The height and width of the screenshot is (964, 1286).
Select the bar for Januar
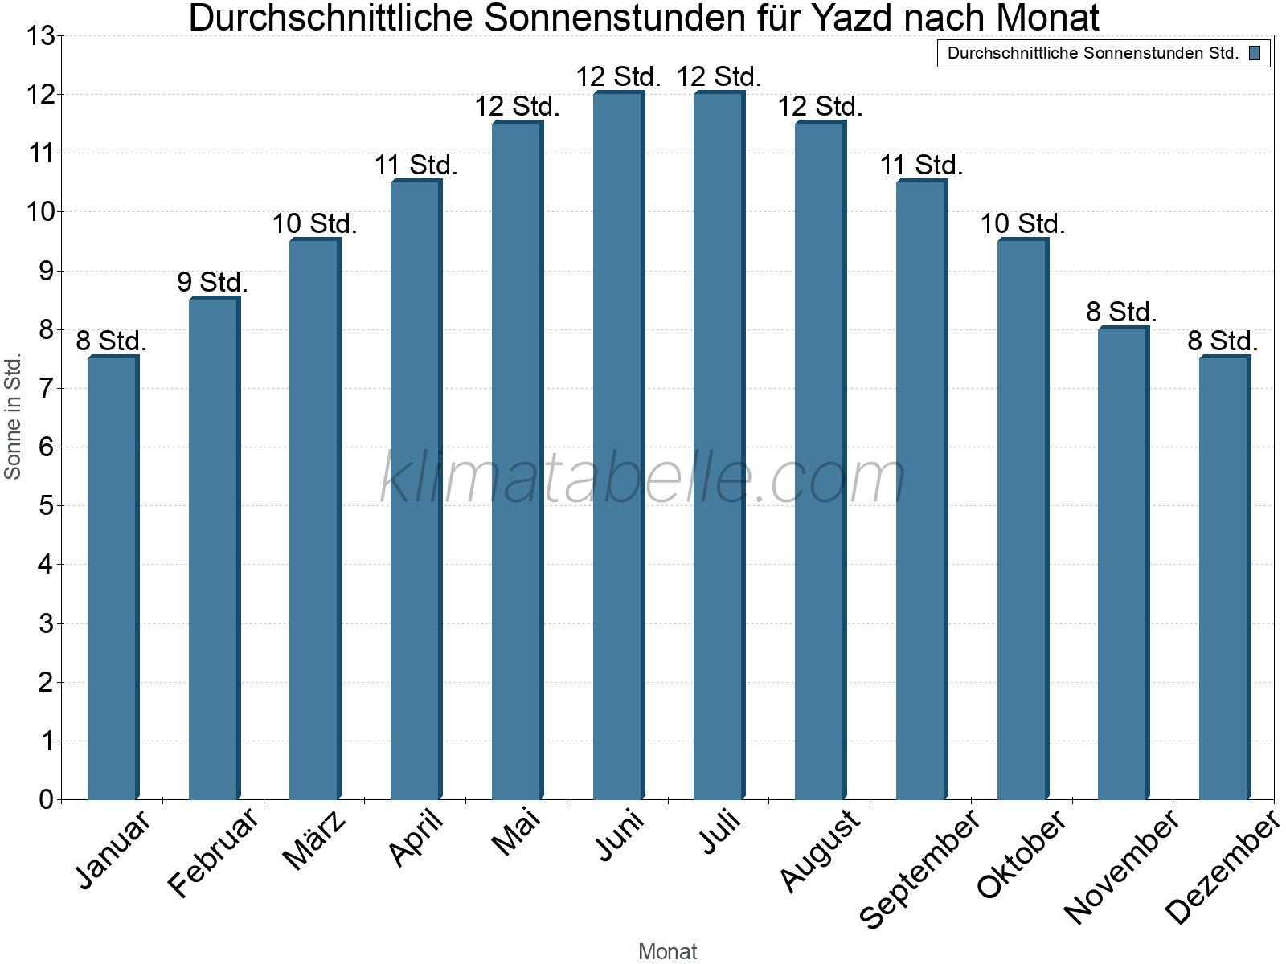click(113, 578)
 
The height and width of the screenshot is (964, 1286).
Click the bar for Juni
click(618, 446)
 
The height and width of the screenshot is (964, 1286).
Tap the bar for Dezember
click(1224, 578)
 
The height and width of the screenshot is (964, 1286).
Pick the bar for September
click(921, 490)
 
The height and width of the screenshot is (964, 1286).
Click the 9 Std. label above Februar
click(212, 283)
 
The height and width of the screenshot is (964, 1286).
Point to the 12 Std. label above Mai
click(517, 106)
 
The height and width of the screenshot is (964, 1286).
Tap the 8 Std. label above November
click(1121, 312)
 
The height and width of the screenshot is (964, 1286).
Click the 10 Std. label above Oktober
click(1022, 224)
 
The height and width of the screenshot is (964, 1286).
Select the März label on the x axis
click(316, 839)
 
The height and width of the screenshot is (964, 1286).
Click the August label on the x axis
click(821, 850)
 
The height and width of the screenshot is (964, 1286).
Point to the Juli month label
click(721, 832)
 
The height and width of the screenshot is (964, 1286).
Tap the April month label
click(416, 838)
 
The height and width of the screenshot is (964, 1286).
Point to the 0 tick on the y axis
click(46, 799)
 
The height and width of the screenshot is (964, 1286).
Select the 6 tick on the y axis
click(46, 447)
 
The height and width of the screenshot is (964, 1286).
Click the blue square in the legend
click(1255, 54)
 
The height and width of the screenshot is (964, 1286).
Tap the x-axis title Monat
click(667, 951)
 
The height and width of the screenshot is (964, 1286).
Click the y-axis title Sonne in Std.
click(13, 418)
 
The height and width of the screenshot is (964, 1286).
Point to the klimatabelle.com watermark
click(643, 478)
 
